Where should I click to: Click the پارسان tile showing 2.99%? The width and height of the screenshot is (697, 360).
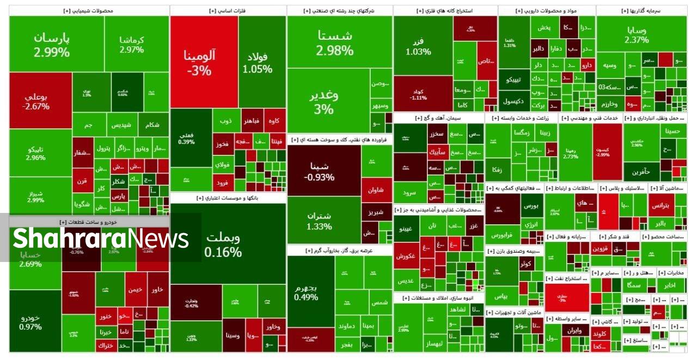click(x=52, y=45)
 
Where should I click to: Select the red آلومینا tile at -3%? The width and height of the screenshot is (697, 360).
click(x=200, y=62)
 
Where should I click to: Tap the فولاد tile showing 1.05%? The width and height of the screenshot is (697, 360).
click(x=258, y=62)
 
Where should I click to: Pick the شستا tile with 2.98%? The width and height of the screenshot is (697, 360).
click(x=334, y=42)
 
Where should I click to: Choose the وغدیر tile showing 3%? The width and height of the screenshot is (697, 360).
click(x=324, y=101)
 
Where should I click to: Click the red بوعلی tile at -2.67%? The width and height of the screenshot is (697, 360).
click(x=37, y=101)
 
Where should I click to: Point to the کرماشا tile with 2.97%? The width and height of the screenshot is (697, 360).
click(x=132, y=45)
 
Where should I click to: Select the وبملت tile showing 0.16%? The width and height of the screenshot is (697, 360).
click(x=223, y=245)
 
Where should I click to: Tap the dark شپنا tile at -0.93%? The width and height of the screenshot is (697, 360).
click(x=319, y=171)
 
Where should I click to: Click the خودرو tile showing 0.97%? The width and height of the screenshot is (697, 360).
click(x=30, y=322)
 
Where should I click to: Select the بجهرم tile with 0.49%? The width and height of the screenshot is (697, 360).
click(x=306, y=292)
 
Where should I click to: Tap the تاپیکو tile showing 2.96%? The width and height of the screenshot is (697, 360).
click(x=35, y=153)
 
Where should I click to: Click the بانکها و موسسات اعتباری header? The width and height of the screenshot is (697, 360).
click(x=228, y=198)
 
